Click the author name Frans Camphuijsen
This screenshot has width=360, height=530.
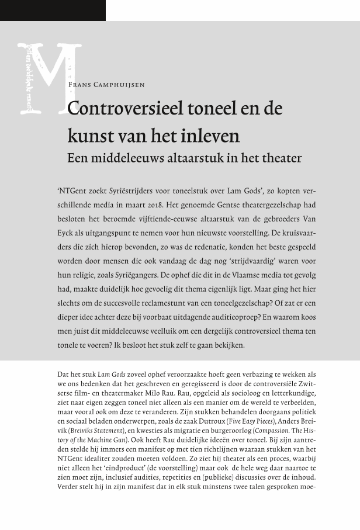[106, 85]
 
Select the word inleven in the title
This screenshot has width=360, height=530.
[213, 136]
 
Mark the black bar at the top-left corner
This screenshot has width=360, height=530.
[53, 10]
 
